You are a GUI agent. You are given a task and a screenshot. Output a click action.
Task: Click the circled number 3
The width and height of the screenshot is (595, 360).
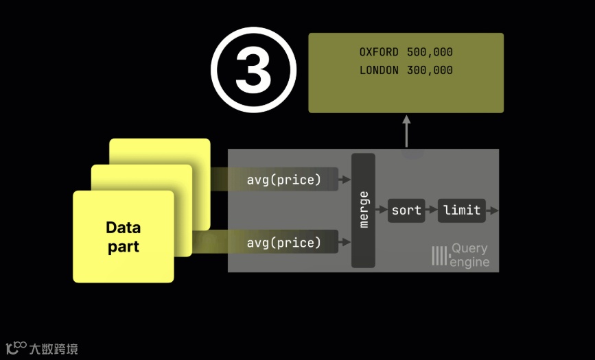pyautogui.click(x=253, y=70)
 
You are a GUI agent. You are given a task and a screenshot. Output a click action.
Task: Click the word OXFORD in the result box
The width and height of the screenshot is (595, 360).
pyautogui.click(x=379, y=52)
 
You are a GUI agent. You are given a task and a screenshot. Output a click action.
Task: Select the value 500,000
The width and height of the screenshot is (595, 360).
pyautogui.click(x=430, y=52)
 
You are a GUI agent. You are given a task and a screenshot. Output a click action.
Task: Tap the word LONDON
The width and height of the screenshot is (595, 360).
pyautogui.click(x=379, y=70)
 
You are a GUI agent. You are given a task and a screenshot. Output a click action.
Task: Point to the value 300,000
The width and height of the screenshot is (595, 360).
pyautogui.click(x=430, y=70)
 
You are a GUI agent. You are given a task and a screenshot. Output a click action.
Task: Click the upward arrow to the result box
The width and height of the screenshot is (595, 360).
pyautogui.click(x=406, y=130)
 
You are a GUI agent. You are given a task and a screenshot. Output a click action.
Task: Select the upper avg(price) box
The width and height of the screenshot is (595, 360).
pyautogui.click(x=284, y=180)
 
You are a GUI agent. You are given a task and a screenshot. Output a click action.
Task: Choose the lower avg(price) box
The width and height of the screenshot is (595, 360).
pyautogui.click(x=284, y=243)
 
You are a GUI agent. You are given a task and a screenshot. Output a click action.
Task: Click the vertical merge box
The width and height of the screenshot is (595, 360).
pyautogui.click(x=364, y=211)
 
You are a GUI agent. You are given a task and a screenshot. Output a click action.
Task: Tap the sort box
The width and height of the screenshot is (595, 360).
pyautogui.click(x=406, y=211)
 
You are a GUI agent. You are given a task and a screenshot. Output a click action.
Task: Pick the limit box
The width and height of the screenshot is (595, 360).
pyautogui.click(x=462, y=211)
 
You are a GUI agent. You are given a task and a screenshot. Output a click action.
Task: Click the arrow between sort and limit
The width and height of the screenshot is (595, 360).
pyautogui.click(x=432, y=211)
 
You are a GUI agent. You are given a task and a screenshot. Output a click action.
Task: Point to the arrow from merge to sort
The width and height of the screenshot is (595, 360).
pyautogui.click(x=382, y=211)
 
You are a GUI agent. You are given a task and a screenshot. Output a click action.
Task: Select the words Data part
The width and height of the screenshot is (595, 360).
pyautogui.click(x=124, y=237)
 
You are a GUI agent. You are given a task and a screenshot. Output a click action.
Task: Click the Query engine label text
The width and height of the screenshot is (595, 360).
pyautogui.click(x=470, y=255)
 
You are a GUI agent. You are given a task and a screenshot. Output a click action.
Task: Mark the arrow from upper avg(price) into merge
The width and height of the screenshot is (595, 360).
pyautogui.click(x=345, y=180)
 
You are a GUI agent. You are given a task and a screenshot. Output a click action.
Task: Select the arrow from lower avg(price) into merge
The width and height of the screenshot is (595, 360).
pyautogui.click(x=345, y=243)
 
